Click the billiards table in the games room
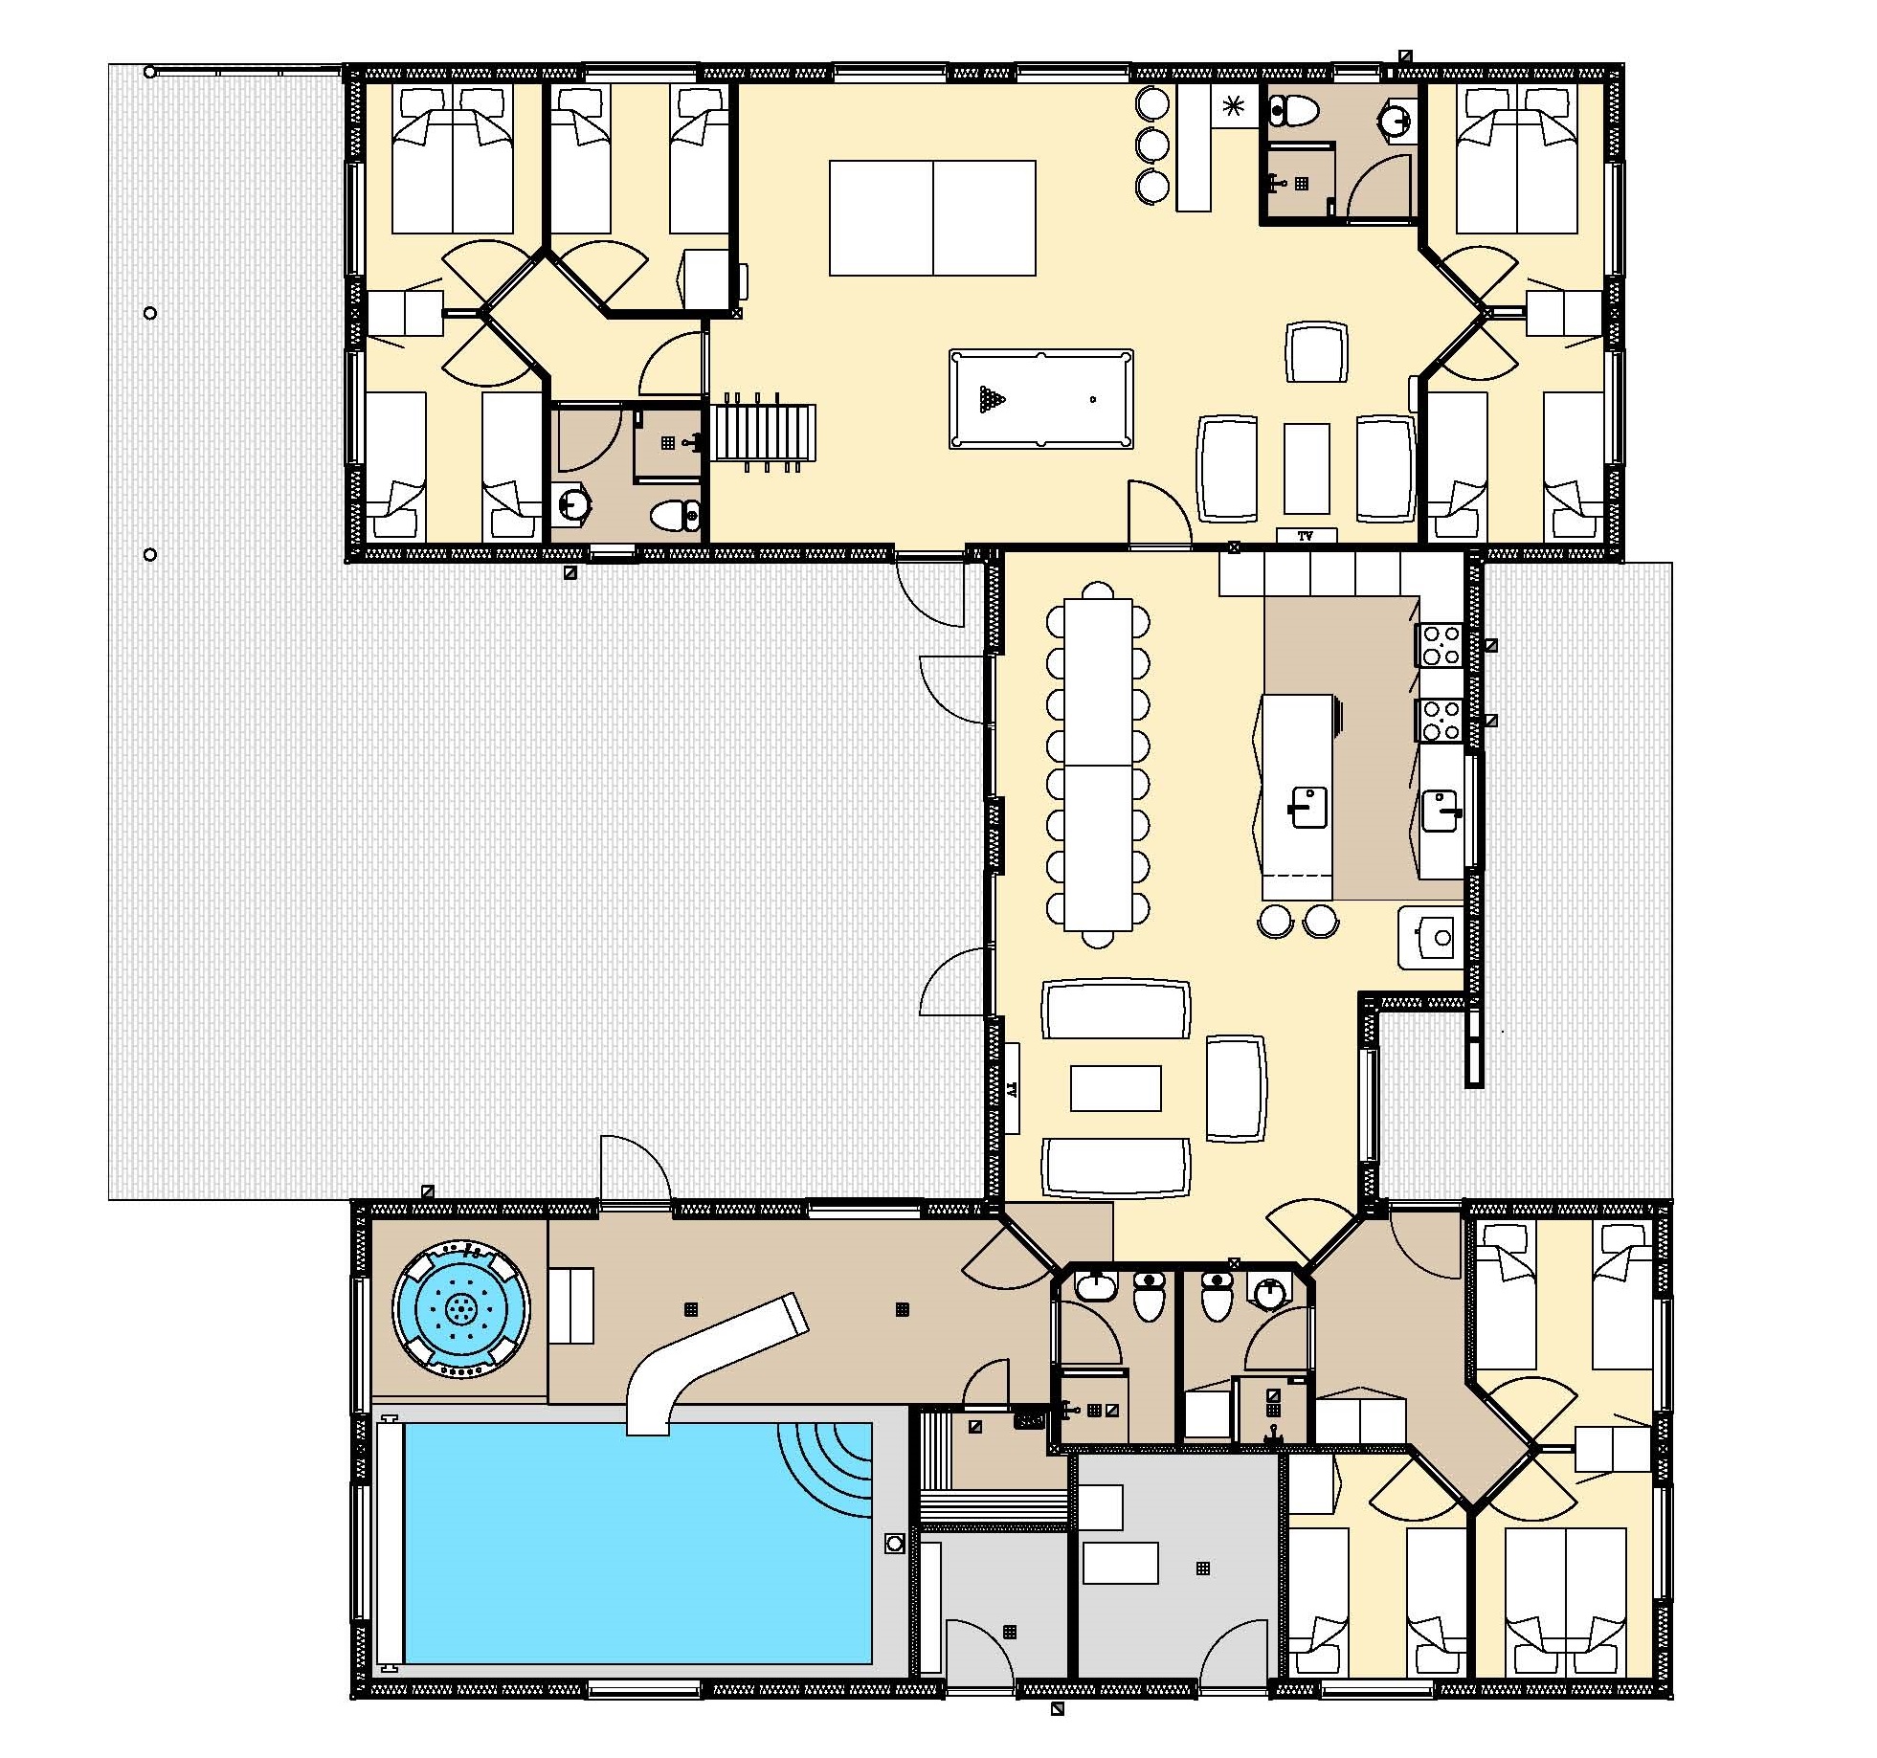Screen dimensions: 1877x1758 (x=1041, y=399)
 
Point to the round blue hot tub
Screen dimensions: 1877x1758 (x=461, y=1308)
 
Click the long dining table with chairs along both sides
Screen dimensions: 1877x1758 (x=1098, y=766)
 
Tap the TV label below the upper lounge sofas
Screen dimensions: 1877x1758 (x=1306, y=537)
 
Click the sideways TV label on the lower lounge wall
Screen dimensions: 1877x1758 (x=1011, y=1089)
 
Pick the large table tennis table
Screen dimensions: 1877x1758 (x=932, y=218)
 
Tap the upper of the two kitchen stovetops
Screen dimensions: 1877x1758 (x=1440, y=644)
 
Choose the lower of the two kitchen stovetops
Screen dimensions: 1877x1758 (x=1440, y=721)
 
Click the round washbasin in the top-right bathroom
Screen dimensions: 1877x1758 (x=1397, y=121)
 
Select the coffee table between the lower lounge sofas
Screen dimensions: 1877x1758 (x=1115, y=1088)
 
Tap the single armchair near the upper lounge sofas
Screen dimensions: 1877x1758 (x=1317, y=352)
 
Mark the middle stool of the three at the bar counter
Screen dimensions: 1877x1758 (x=1152, y=145)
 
